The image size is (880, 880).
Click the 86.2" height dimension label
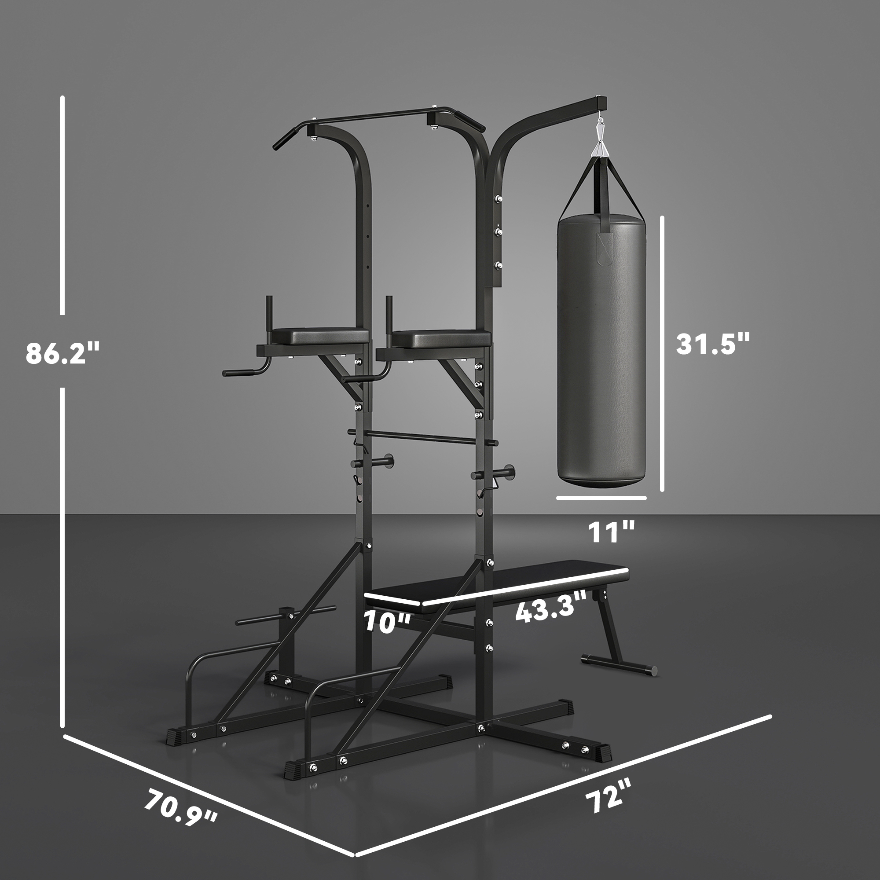(x=62, y=352)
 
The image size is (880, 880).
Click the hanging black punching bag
(x=601, y=351)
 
